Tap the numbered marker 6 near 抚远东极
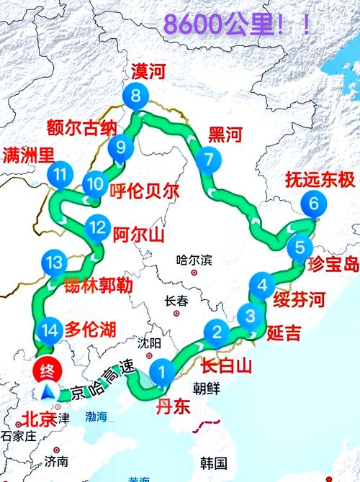312,204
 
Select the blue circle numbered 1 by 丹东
163,372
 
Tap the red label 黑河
224,135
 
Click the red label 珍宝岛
333,264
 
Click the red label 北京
38,419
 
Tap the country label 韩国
214,463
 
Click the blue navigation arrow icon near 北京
48,392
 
